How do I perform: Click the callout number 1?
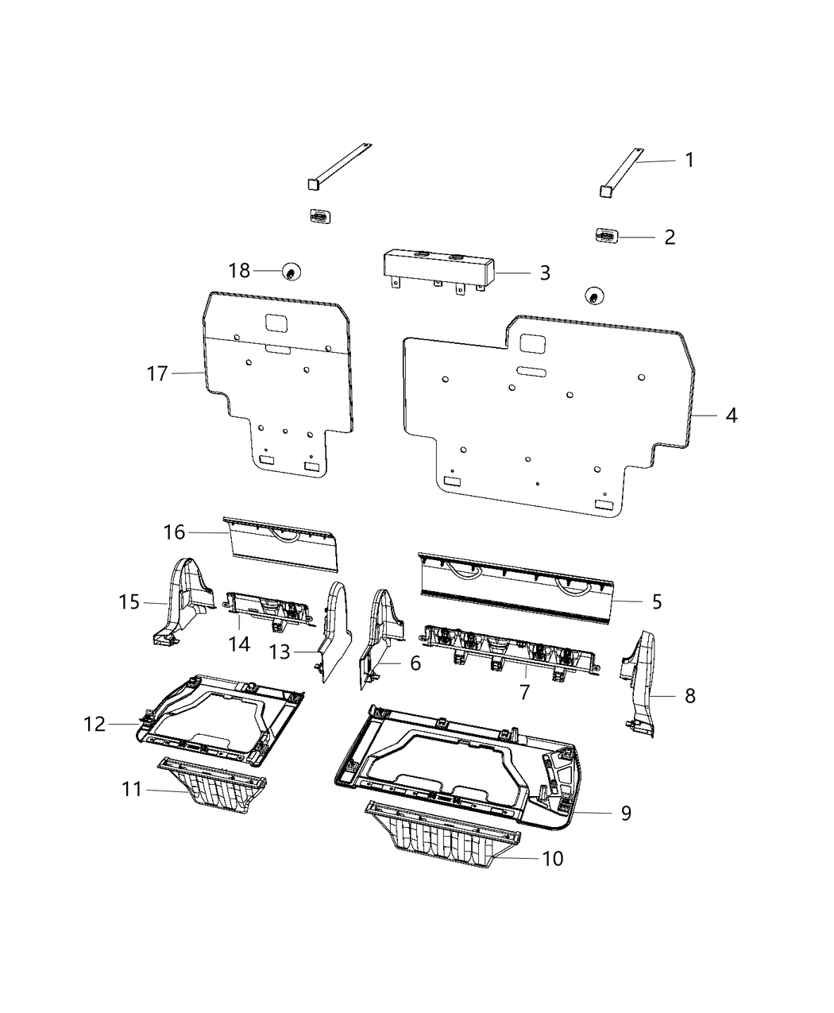[689, 160]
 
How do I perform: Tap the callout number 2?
[670, 237]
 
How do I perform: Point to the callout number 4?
[731, 415]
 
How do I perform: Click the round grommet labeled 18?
[292, 273]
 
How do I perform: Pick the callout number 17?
[157, 373]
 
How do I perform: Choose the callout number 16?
[174, 532]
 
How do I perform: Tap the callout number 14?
[239, 644]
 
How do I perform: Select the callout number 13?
[280, 652]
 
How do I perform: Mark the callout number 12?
[95, 724]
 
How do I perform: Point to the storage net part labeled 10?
[445, 833]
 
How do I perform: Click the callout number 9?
[626, 813]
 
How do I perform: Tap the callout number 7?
[524, 692]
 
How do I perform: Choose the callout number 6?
[415, 663]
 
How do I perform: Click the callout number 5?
[656, 601]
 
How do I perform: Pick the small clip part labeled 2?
[607, 236]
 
